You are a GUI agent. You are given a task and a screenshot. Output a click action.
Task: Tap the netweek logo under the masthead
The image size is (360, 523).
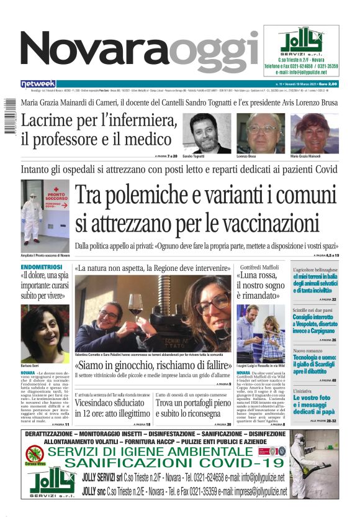point(38,83)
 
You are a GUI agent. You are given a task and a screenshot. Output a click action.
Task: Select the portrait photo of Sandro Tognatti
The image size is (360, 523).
point(210,133)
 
